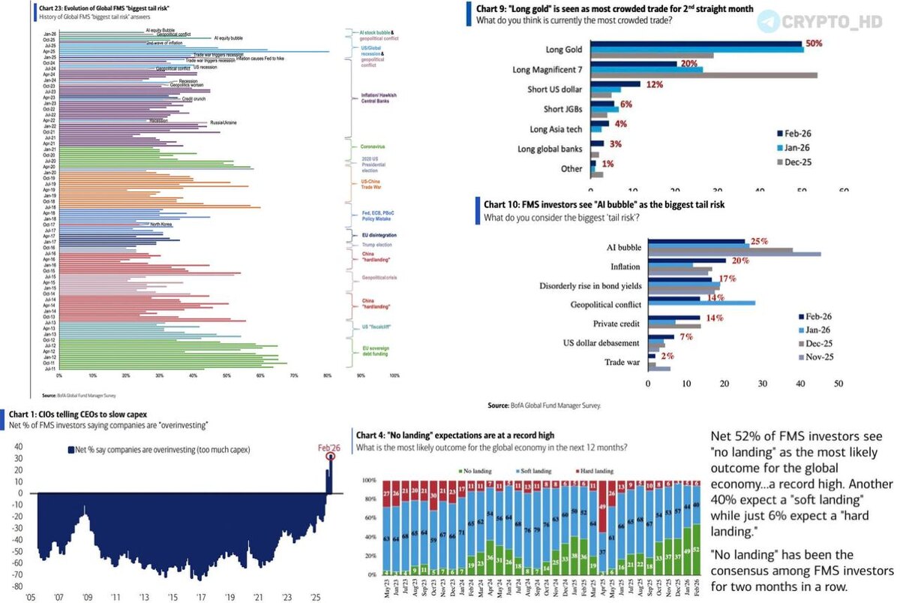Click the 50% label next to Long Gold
tap(813, 44)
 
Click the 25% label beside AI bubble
tap(759, 242)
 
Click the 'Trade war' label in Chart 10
tap(622, 363)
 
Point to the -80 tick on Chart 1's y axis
tap(16, 586)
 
